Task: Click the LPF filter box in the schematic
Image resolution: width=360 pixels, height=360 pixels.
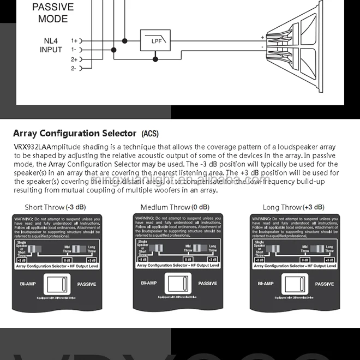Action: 155,40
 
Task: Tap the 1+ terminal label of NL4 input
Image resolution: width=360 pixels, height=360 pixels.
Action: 74,40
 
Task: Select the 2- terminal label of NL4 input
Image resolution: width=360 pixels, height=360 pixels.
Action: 74,68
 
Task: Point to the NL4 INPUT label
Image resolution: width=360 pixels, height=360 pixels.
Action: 51,45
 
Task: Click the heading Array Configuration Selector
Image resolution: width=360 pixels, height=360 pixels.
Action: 74,133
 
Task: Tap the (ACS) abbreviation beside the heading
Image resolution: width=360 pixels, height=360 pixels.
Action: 151,134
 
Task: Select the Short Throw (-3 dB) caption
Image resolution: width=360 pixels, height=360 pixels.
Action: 55,207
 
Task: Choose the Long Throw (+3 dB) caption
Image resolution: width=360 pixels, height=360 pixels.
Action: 293,207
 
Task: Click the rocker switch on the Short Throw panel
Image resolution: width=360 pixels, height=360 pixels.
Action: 56,284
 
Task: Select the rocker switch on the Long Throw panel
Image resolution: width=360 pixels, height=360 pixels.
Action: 294,284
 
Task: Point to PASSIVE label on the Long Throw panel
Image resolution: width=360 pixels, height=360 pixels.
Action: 324,284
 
